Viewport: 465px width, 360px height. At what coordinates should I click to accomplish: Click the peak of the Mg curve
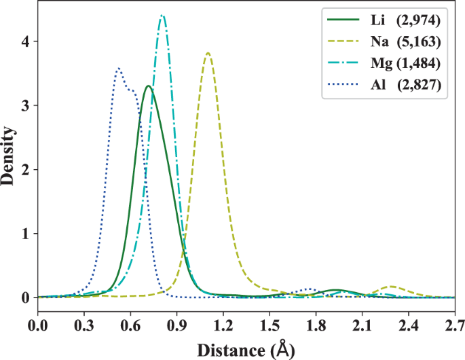click(x=162, y=16)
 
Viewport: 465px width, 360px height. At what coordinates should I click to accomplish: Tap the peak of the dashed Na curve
click(x=208, y=53)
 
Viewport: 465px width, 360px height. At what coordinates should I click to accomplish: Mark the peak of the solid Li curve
click(x=147, y=86)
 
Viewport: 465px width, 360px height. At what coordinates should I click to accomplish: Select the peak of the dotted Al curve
click(x=119, y=68)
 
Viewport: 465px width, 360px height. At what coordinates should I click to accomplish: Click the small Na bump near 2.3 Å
click(x=391, y=287)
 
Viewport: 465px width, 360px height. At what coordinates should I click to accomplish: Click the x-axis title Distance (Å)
click(x=246, y=349)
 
